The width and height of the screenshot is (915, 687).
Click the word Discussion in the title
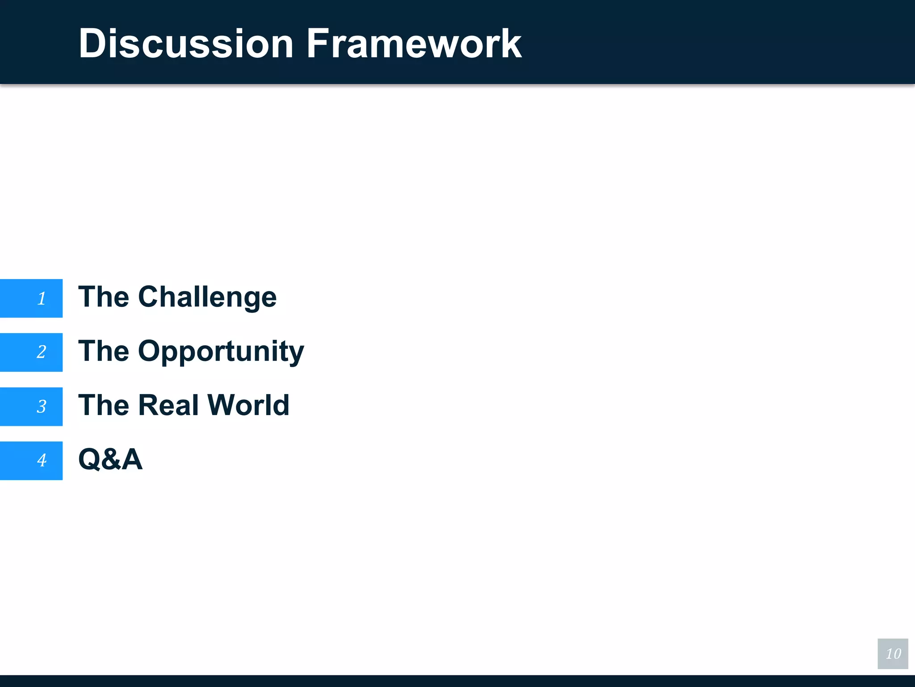point(186,43)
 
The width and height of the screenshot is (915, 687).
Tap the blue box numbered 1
point(31,298)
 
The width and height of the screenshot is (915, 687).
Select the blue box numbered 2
point(31,352)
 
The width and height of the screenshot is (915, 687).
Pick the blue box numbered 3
point(31,407)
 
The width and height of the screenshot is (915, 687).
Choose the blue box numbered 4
point(31,461)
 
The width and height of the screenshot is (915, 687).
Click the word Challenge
point(207,297)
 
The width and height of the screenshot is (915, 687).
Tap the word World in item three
point(248,405)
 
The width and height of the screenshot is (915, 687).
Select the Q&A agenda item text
point(110,459)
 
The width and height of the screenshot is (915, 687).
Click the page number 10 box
point(893,653)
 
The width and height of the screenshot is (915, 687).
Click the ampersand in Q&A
point(111,460)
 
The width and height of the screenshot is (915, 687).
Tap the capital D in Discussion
point(92,43)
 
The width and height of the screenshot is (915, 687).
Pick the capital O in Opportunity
point(151,351)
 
